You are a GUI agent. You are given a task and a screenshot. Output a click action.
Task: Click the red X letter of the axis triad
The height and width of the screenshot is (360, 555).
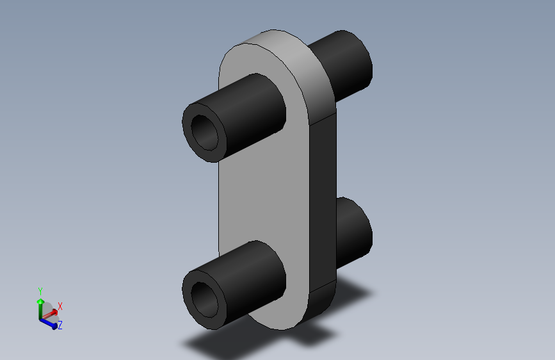[60, 306]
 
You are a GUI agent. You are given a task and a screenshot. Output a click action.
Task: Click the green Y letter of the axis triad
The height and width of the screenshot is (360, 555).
[40, 291]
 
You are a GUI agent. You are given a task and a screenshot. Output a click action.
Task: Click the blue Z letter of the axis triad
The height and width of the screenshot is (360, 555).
[60, 325]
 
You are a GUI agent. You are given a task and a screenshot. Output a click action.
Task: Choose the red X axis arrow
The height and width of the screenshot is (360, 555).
[51, 313]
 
